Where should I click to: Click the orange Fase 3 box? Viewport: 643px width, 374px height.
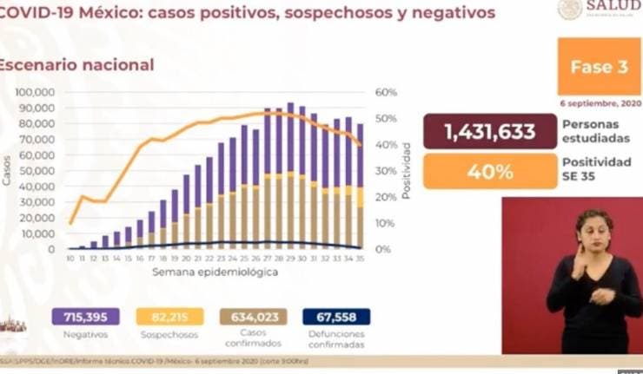click(593, 67)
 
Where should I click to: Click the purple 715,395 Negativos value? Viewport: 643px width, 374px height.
click(85, 317)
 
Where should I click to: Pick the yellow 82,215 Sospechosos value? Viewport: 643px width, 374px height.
click(170, 317)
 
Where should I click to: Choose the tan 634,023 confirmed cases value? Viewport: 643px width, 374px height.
click(253, 317)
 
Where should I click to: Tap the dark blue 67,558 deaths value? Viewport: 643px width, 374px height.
click(336, 317)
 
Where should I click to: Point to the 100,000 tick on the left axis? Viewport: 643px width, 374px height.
click(36, 93)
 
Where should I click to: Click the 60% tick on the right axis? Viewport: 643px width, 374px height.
click(386, 93)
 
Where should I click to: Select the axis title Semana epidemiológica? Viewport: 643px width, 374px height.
click(215, 272)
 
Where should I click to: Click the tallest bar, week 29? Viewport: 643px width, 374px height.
click(290, 174)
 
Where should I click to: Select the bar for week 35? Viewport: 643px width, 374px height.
click(359, 187)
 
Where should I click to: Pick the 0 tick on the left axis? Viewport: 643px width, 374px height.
click(52, 250)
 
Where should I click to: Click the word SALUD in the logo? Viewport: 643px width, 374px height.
click(613, 7)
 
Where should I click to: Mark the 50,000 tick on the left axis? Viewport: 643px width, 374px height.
click(39, 171)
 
